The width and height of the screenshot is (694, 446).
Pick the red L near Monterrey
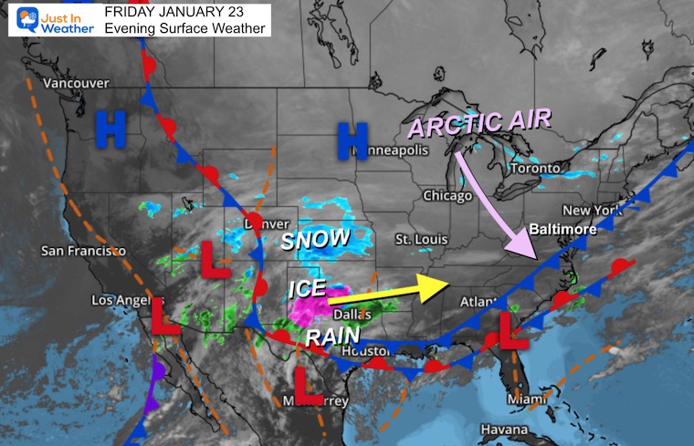coord(310,386)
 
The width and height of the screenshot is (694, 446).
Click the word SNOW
coord(314,240)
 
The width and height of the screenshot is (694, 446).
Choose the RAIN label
coord(327,337)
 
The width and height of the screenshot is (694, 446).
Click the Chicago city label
coord(447,195)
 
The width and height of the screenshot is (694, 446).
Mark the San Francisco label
coord(83,250)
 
